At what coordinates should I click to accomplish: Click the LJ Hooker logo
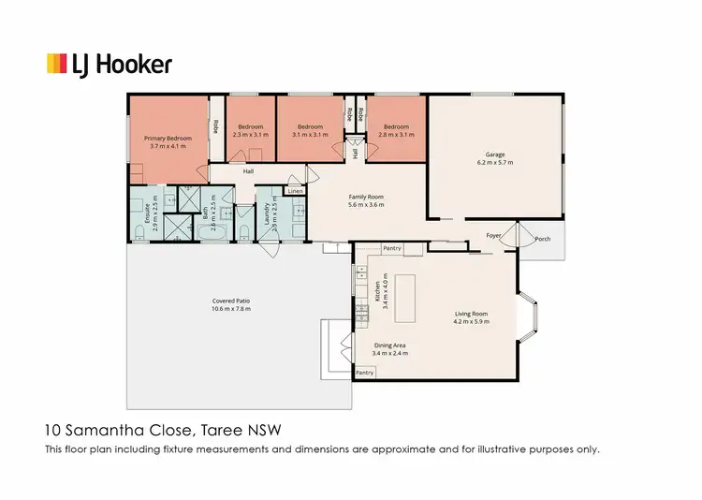[110, 64]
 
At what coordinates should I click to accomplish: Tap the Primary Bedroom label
[168, 139]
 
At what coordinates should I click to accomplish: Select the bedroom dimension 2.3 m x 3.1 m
[251, 135]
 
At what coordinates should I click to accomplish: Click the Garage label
[495, 154]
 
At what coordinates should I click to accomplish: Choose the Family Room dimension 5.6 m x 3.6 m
[366, 205]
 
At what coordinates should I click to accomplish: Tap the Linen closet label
[296, 191]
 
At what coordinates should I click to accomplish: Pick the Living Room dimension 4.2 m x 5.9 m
[472, 321]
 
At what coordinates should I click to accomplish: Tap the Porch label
[542, 239]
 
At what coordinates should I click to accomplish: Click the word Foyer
[493, 234]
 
